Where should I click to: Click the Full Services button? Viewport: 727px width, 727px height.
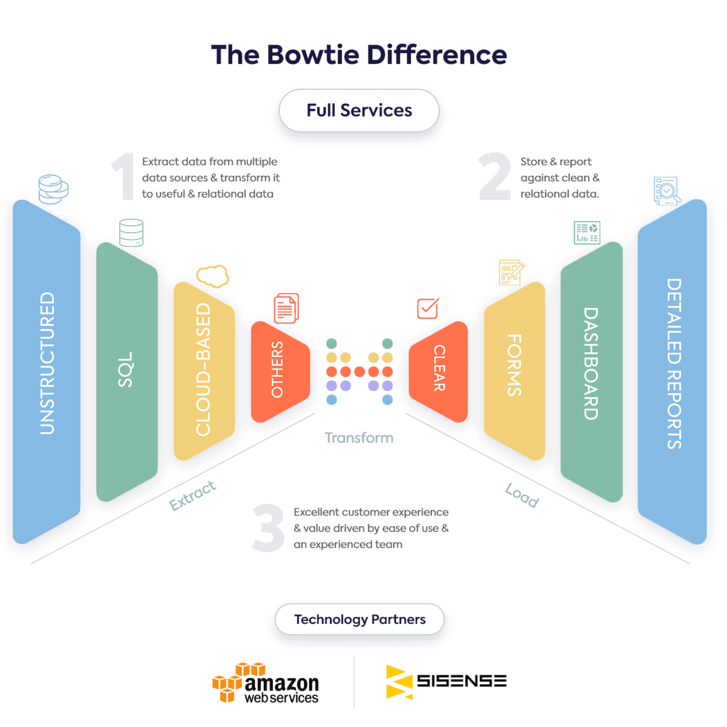(x=359, y=111)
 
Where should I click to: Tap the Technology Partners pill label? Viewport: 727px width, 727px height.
(x=360, y=619)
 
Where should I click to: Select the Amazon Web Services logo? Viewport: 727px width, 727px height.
(x=266, y=683)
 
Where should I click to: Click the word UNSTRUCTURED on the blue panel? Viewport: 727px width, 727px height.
(x=47, y=363)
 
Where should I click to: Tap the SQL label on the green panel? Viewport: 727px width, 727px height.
(x=126, y=370)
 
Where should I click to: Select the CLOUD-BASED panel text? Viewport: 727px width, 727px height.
(x=204, y=370)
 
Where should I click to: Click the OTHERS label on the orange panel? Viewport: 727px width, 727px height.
(x=277, y=370)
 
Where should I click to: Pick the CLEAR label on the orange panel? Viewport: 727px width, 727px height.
(x=439, y=368)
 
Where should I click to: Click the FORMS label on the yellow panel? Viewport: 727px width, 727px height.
(x=514, y=365)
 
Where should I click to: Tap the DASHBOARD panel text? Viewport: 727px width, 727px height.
(x=590, y=363)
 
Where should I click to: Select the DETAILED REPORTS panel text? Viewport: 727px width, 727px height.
(x=674, y=363)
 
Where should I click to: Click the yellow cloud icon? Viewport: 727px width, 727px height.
(x=213, y=276)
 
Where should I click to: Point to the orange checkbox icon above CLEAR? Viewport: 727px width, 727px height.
(x=427, y=309)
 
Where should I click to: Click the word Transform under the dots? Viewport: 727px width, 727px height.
(x=359, y=438)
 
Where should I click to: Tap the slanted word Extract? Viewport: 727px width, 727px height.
(x=192, y=496)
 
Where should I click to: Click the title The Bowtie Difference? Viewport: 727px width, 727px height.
(x=359, y=55)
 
